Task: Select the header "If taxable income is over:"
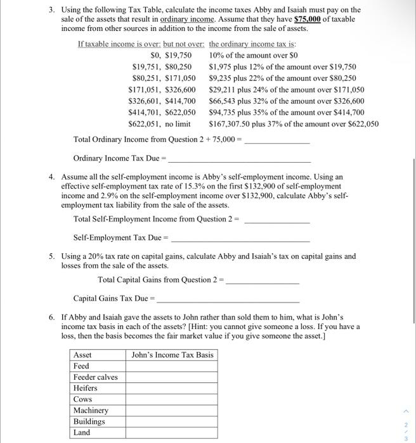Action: pyautogui.click(x=119, y=44)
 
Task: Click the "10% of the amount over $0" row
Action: pyautogui.click(x=253, y=55)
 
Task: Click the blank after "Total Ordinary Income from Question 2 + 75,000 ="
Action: pyautogui.click(x=276, y=139)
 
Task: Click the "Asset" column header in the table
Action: pyautogui.click(x=82, y=354)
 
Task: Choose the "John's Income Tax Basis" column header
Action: pyautogui.click(x=172, y=354)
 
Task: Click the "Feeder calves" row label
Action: pyautogui.click(x=96, y=377)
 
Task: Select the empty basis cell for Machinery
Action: pyautogui.click(x=172, y=411)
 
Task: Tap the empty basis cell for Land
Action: pyautogui.click(x=172, y=433)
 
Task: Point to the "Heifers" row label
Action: pyautogui.click(x=86, y=388)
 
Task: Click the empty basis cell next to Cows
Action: pyautogui.click(x=172, y=399)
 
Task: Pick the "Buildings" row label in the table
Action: pyautogui.click(x=89, y=421)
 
